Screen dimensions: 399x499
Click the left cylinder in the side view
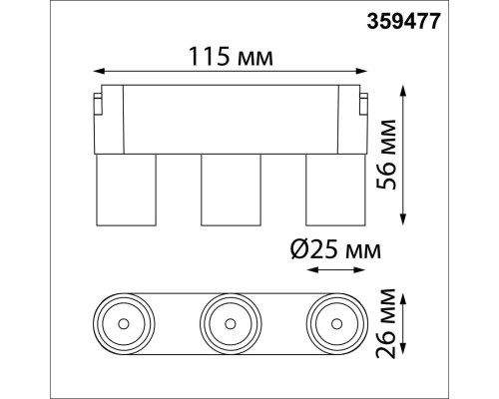(x=126, y=190)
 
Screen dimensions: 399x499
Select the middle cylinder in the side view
(x=232, y=190)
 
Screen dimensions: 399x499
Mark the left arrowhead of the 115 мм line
(x=97, y=72)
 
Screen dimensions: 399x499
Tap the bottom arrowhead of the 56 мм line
(x=402, y=221)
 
